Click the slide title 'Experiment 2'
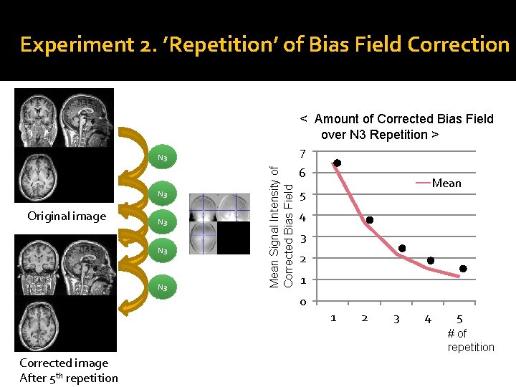[264, 44]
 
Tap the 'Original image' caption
[67, 216]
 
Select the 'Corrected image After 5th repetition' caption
[69, 371]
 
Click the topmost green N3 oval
[162, 158]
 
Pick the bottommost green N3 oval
[162, 287]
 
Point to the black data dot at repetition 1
[337, 163]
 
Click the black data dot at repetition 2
[369, 220]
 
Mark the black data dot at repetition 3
[401, 248]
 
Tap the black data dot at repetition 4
[430, 260]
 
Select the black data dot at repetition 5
[463, 269]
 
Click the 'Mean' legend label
[446, 183]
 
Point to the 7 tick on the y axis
[303, 153]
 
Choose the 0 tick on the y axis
[303, 302]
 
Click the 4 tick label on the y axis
[303, 217]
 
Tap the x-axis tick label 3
[396, 318]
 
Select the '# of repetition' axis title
[471, 340]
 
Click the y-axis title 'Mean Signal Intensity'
[280, 226]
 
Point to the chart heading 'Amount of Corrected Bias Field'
[397, 126]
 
